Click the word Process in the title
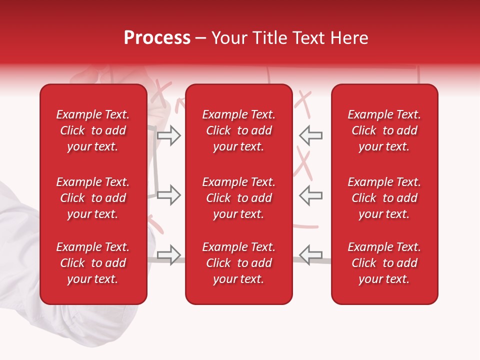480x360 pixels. point(157,38)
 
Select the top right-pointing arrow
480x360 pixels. point(168,135)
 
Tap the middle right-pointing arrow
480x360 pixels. point(168,195)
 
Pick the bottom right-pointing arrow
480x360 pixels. point(168,255)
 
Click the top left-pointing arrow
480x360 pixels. point(311,135)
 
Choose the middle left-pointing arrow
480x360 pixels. point(311,195)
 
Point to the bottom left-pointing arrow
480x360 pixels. point(311,255)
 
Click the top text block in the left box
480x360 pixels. point(93,130)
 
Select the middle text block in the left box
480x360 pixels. point(93,198)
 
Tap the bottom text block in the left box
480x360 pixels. point(93,263)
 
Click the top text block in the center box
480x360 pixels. point(238,130)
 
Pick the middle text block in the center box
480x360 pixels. point(238,198)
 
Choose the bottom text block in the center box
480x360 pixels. point(238,263)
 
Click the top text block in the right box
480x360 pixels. point(384,130)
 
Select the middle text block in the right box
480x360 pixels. point(384,198)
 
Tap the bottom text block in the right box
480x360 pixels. point(384,263)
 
